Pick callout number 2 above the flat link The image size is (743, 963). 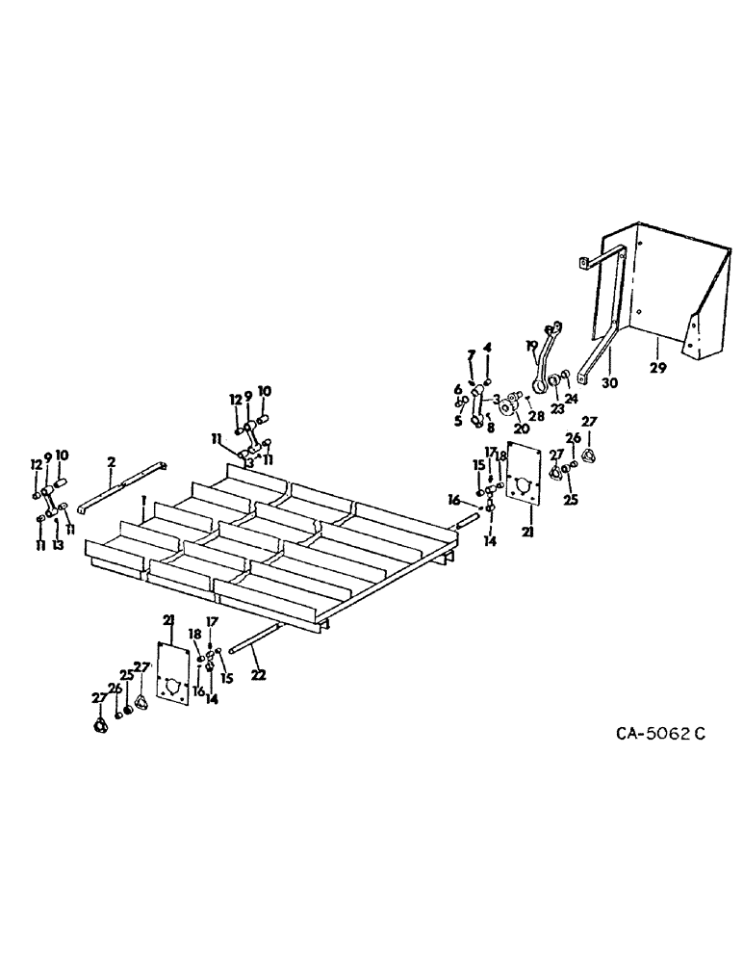click(x=112, y=462)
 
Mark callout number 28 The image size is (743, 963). click(x=536, y=415)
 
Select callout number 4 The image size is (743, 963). click(x=488, y=348)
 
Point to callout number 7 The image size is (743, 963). click(x=471, y=354)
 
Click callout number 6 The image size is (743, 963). click(x=458, y=388)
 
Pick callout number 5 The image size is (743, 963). click(x=458, y=420)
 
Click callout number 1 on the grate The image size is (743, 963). click(x=143, y=501)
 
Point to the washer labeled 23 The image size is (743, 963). click(x=555, y=390)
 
